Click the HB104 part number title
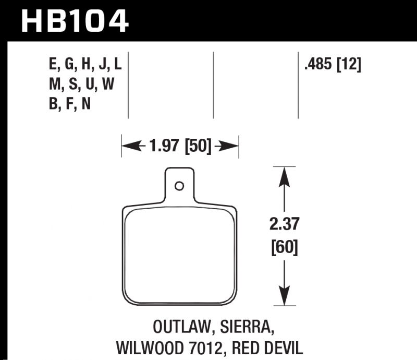coord(75,21)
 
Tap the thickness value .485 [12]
coord(333,65)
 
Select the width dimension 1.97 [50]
coord(180,146)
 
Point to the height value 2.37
coord(284,224)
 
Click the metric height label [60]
coord(284,247)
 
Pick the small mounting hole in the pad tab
coord(179,186)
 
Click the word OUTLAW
coord(182,327)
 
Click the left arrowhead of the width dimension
coord(131,146)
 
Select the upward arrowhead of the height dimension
coord(284,177)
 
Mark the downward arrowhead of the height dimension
coord(284,295)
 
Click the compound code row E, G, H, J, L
coord(85,65)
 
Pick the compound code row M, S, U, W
coord(82,84)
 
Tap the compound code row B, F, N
coord(70,104)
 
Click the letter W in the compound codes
coord(108,84)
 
